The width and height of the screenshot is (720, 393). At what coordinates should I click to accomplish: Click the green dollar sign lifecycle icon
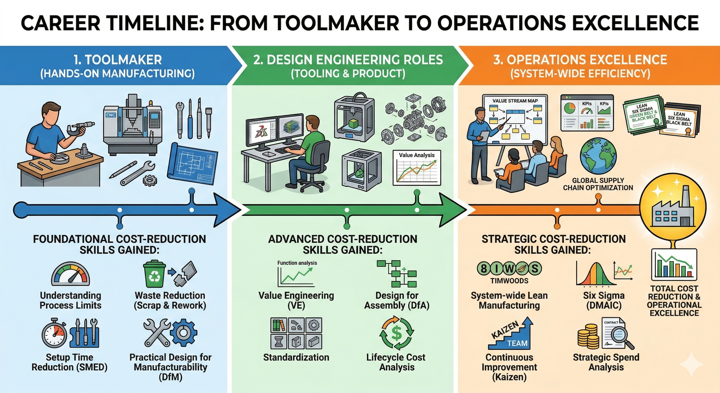pos(396,333)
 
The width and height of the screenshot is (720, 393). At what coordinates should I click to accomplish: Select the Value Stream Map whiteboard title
pos(515,101)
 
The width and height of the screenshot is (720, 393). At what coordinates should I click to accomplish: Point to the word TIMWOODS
pos(509,281)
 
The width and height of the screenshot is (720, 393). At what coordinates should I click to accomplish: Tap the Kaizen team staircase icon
pos(511,334)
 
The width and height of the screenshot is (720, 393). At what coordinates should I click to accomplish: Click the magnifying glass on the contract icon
pos(625,339)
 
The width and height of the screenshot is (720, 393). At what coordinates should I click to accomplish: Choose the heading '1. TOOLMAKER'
pos(117,60)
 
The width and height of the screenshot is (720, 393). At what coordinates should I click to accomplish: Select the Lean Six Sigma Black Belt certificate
pos(680,120)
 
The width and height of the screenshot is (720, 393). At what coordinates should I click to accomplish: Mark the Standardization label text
pos(296,357)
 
